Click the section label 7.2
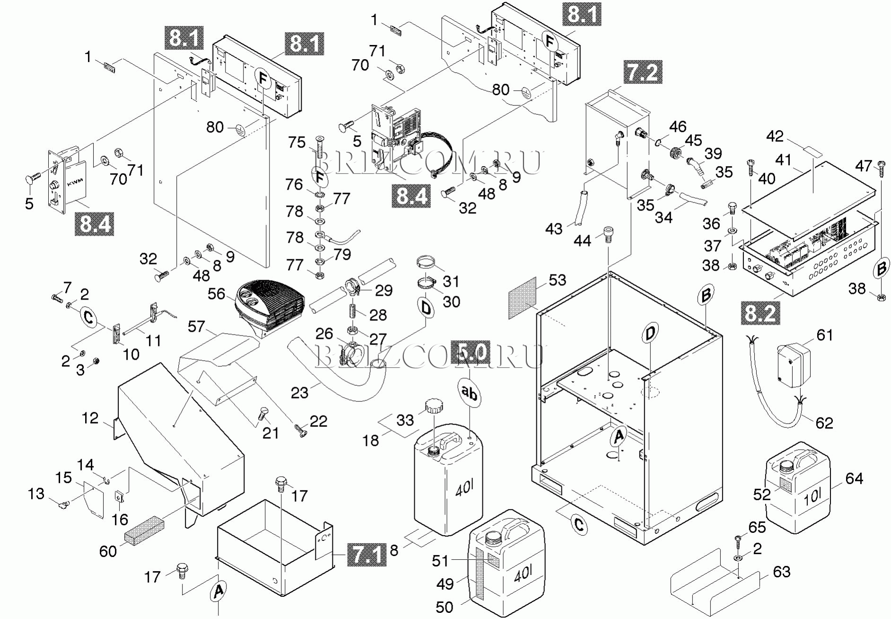(643, 72)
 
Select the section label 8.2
(760, 313)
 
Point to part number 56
(216, 294)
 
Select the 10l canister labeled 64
(798, 492)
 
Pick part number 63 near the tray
(781, 572)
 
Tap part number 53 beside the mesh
(557, 280)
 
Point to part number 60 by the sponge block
(108, 551)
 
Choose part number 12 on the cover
(90, 418)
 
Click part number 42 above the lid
(775, 136)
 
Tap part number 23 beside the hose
(299, 392)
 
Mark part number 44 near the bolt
(582, 241)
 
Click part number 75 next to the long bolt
(297, 142)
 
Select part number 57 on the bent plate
(196, 327)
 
